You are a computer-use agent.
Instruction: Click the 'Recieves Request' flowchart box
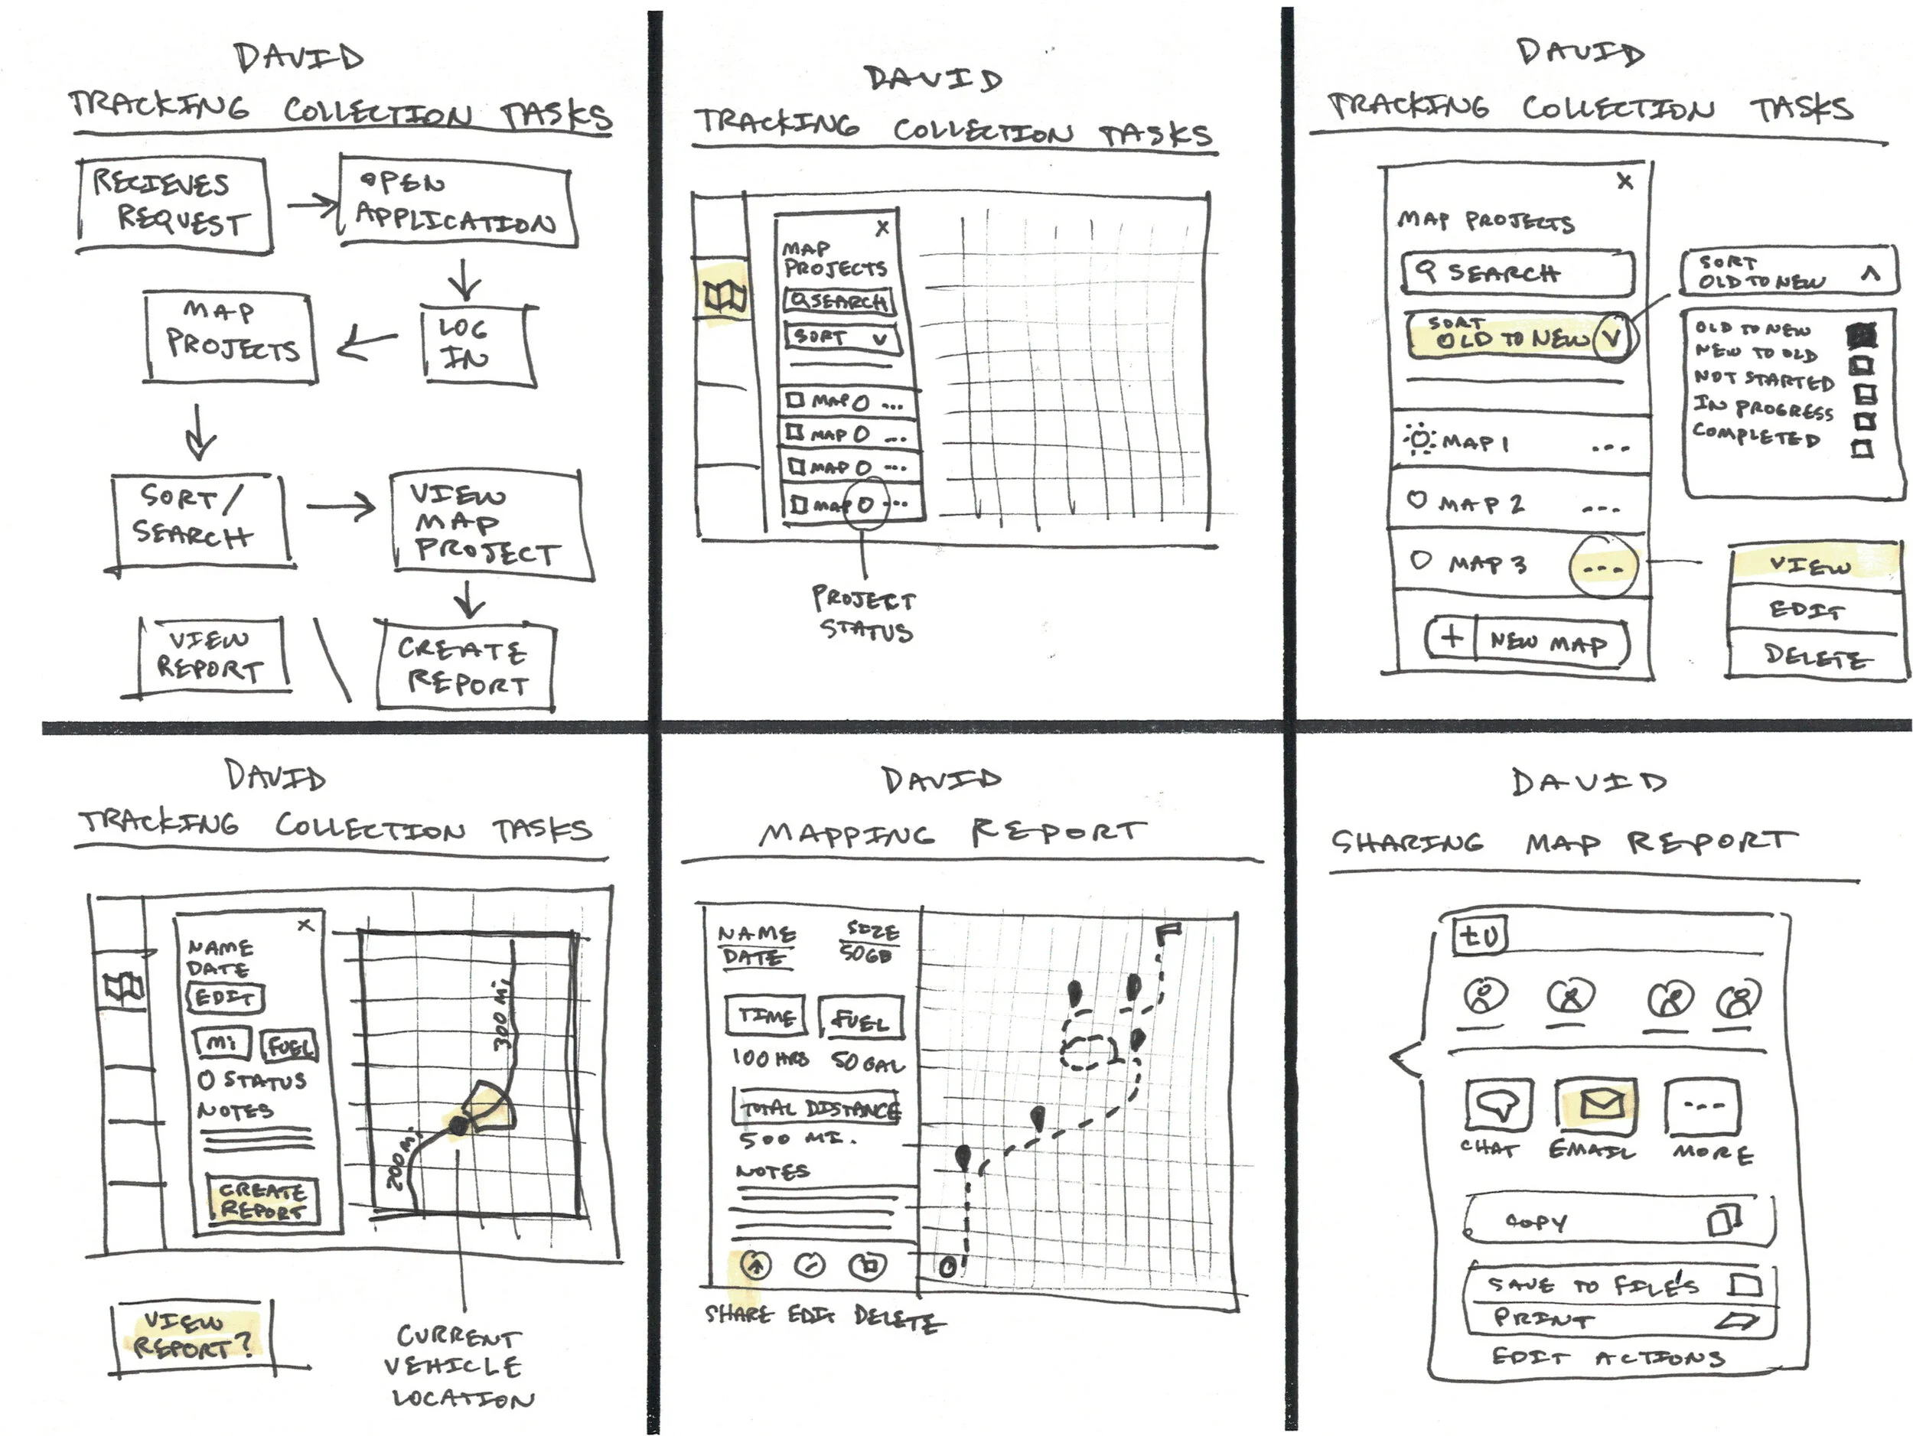pos(173,205)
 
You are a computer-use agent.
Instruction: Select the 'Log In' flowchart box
pos(478,344)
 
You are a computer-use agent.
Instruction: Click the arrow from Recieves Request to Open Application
pos(311,205)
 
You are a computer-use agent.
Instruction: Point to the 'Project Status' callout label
pos(863,614)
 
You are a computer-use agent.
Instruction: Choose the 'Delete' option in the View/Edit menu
pos(1814,656)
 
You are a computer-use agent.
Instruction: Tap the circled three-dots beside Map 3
pos(1602,568)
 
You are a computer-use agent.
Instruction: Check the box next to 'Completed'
pos(1861,448)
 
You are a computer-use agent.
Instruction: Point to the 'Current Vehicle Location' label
pos(460,1366)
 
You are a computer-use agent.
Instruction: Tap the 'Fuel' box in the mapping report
pos(861,1019)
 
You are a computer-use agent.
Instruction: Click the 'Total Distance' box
pos(818,1108)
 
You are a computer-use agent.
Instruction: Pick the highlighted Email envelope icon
pos(1602,1104)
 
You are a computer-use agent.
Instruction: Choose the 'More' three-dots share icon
pos(1702,1105)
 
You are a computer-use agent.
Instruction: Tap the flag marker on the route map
pos(1169,932)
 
